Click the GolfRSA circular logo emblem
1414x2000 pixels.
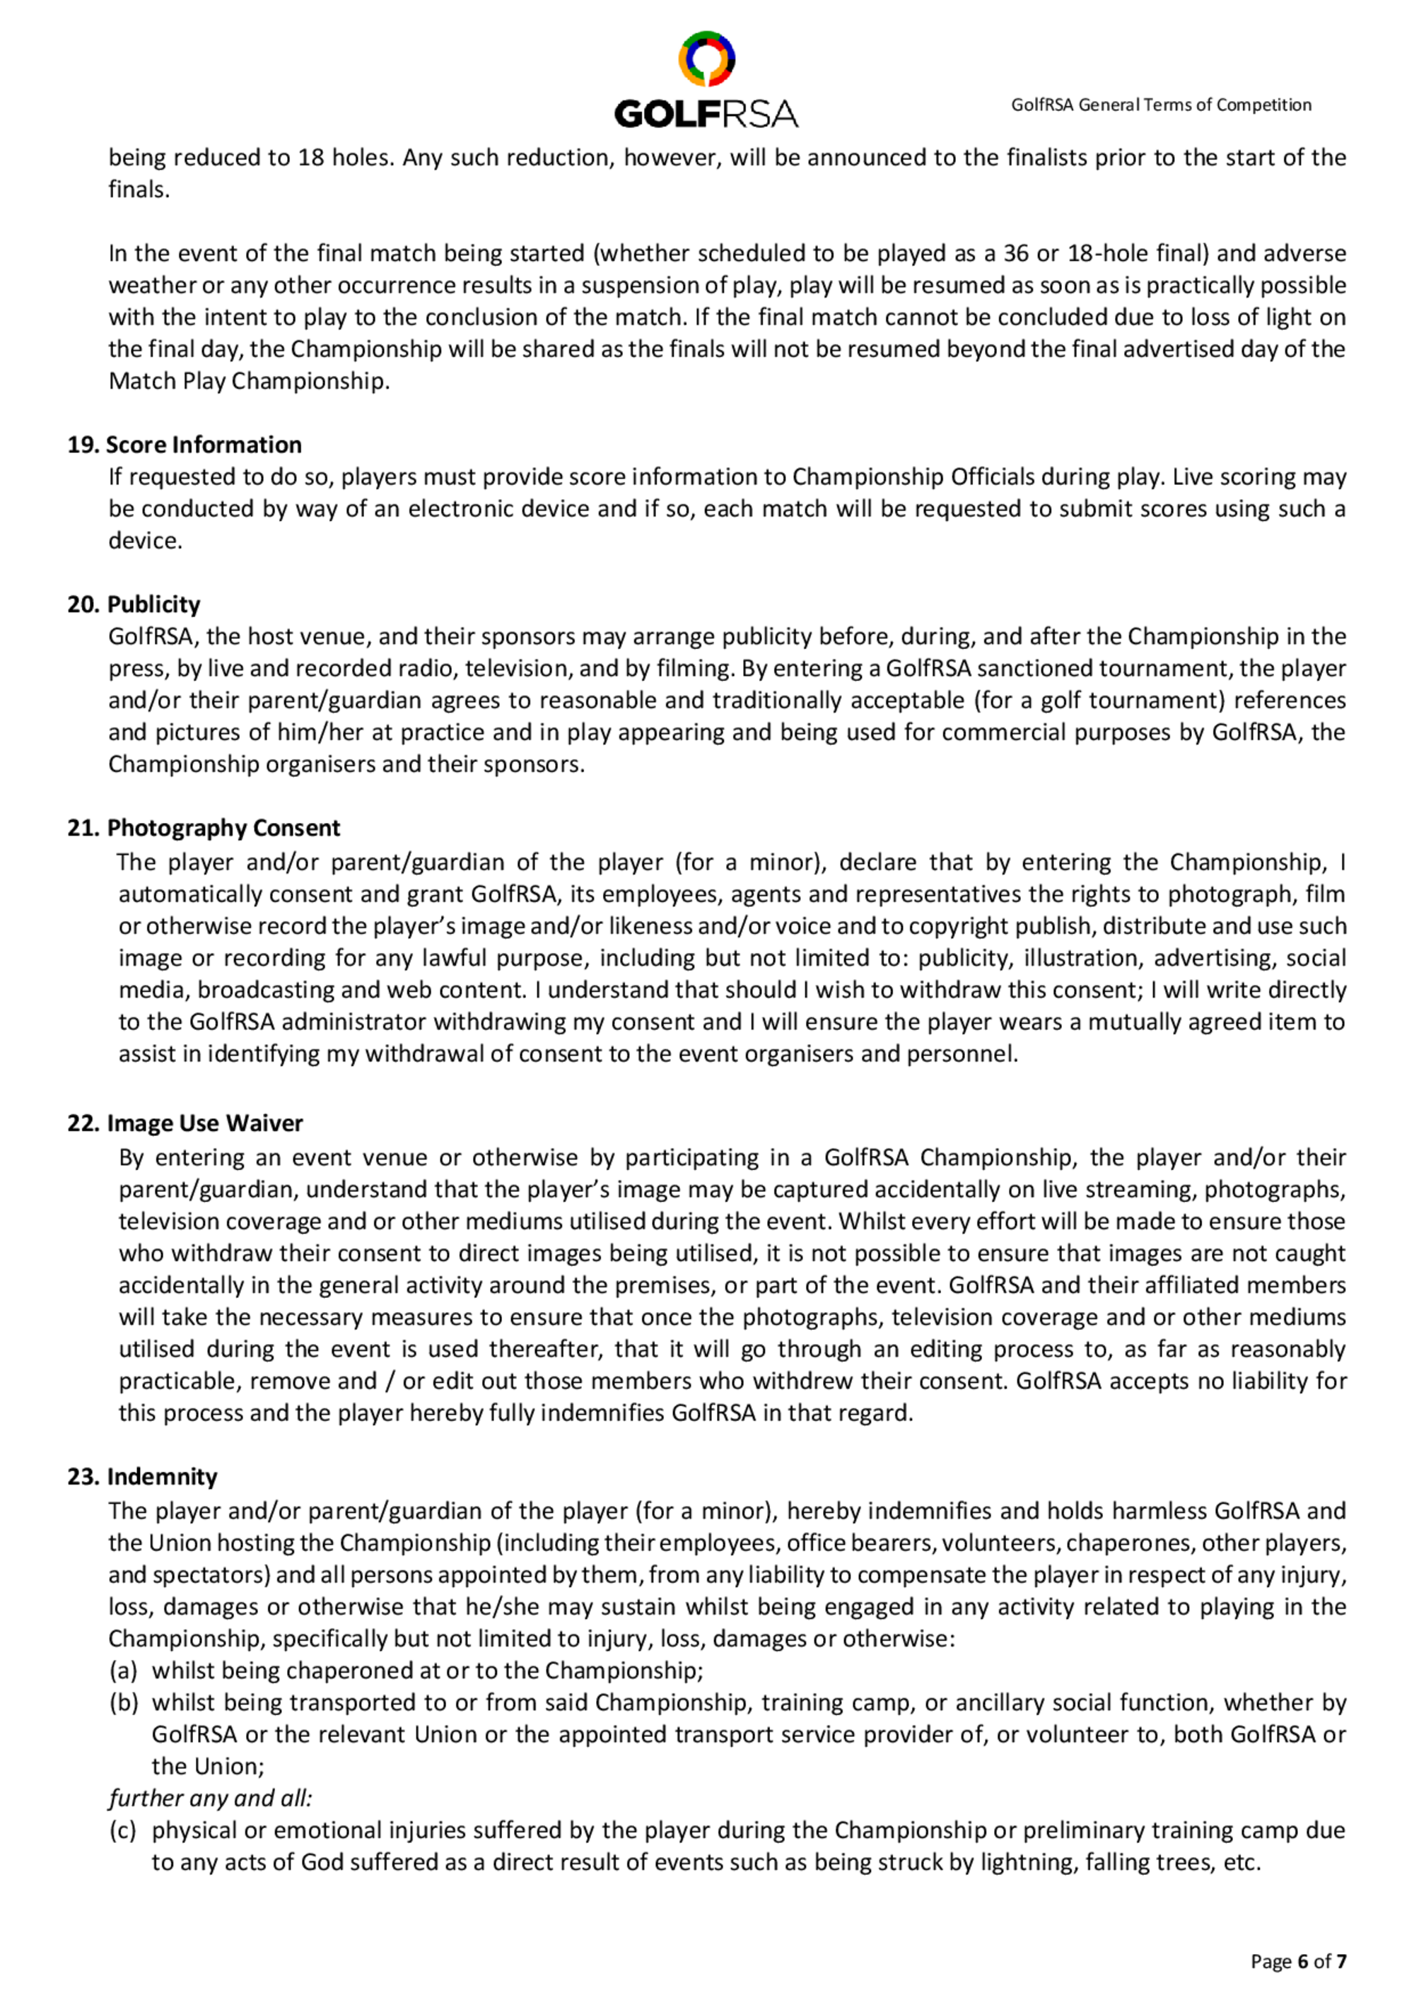click(x=706, y=59)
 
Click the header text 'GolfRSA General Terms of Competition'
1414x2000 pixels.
click(x=1160, y=105)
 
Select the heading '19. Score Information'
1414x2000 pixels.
click(x=185, y=445)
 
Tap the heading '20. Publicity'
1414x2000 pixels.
click(x=134, y=604)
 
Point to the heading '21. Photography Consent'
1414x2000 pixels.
click(x=203, y=828)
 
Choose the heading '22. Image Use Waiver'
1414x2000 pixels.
click(x=185, y=1123)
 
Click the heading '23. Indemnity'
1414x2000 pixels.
click(x=142, y=1476)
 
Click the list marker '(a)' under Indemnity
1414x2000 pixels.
click(x=123, y=1671)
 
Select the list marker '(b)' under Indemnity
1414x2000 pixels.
click(x=123, y=1703)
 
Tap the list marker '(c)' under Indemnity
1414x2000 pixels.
click(x=123, y=1830)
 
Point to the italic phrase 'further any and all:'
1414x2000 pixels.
click(x=210, y=1798)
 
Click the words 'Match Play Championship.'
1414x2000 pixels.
click(x=249, y=382)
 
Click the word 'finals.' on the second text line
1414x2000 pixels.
click(x=139, y=190)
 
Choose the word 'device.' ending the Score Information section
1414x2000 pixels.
click(x=146, y=541)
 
